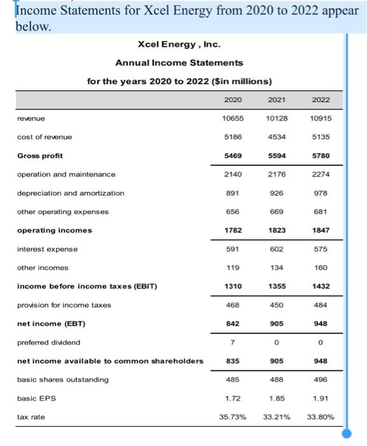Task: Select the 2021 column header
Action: [x=277, y=100]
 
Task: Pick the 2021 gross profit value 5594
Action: [x=277, y=155]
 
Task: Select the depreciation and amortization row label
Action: [x=71, y=193]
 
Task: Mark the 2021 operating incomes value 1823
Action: [x=277, y=230]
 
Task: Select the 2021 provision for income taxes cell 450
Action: [x=277, y=305]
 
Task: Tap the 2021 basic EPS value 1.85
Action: [x=277, y=398]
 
